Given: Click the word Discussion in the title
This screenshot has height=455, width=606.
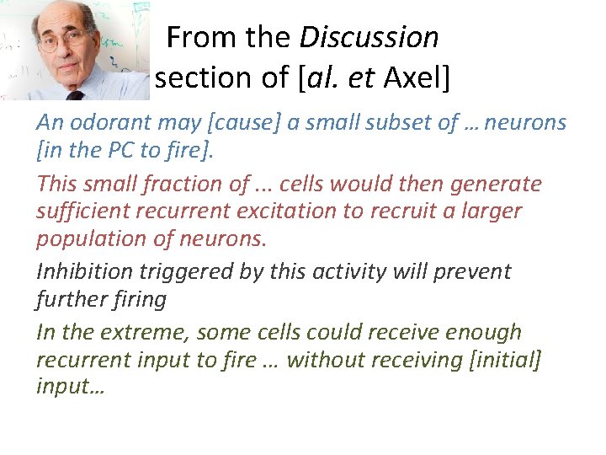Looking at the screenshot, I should point(369,38).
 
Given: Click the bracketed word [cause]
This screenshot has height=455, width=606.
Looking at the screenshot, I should point(247,123).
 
